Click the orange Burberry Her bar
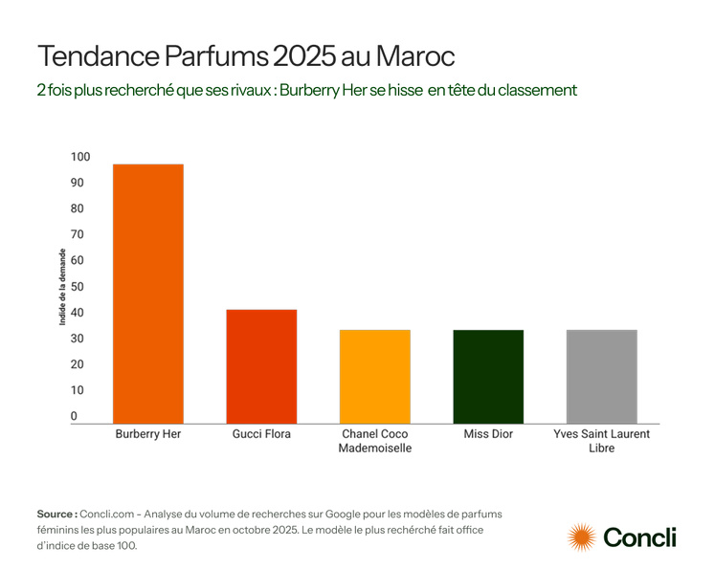pos(148,294)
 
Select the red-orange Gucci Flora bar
pos(261,366)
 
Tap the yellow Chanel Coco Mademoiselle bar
pos(375,376)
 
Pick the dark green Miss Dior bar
pos(488,376)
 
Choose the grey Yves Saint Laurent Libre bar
pos(601,376)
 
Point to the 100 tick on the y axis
pos(79,157)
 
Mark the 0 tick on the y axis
pos(74,417)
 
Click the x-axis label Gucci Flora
pos(261,434)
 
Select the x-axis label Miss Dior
pos(488,434)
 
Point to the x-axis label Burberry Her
pos(148,434)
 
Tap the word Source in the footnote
pos(56,514)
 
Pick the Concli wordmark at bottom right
pos(639,537)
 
